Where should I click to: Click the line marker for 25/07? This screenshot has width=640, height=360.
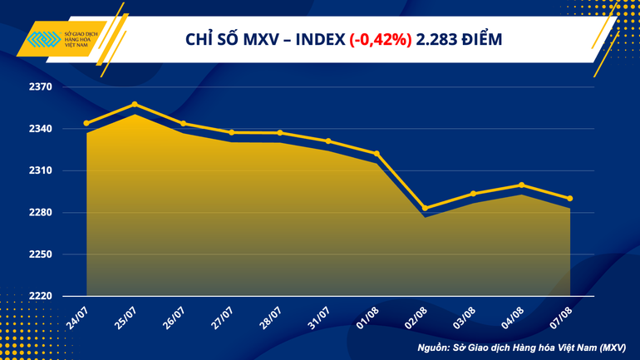point(135,105)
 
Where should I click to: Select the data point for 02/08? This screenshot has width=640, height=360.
point(426,208)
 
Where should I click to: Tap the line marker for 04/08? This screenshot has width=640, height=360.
point(522,185)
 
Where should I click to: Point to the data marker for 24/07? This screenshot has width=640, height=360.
point(86,123)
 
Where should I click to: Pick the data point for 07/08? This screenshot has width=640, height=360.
point(570,198)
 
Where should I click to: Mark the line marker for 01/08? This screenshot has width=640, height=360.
point(377,154)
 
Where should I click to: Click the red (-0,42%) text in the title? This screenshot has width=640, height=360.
point(380,39)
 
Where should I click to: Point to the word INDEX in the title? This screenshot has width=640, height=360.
point(318,39)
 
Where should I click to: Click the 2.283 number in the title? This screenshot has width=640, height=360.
point(439,39)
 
